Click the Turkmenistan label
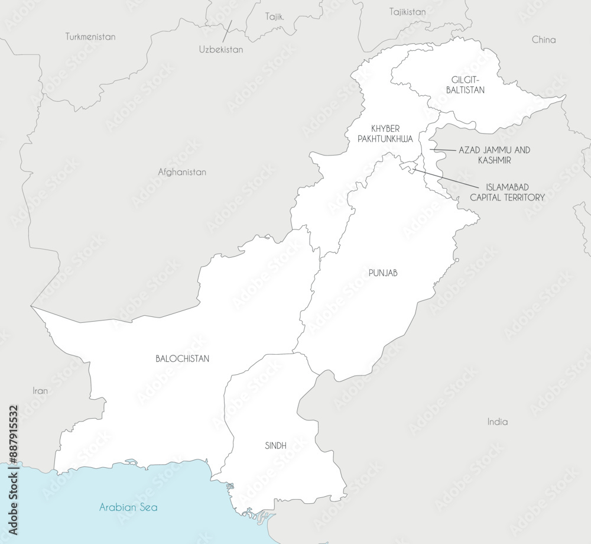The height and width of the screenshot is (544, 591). pyautogui.click(x=90, y=37)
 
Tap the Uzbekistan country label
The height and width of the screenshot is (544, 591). pyautogui.click(x=221, y=50)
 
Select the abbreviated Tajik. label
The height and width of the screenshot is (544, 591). pyautogui.click(x=275, y=17)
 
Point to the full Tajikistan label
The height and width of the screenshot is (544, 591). pyautogui.click(x=408, y=11)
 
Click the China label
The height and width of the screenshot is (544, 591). pyautogui.click(x=544, y=40)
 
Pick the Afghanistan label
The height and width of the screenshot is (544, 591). pyautogui.click(x=182, y=172)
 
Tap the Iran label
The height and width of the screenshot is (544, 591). pyautogui.click(x=40, y=391)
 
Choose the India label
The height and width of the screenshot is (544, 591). pyautogui.click(x=497, y=422)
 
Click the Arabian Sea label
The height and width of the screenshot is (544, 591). pyautogui.click(x=128, y=507)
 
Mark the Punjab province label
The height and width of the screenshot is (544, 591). pyautogui.click(x=383, y=273)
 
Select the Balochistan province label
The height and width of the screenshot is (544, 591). pyautogui.click(x=182, y=358)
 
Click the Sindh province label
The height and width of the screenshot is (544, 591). pyautogui.click(x=276, y=446)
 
